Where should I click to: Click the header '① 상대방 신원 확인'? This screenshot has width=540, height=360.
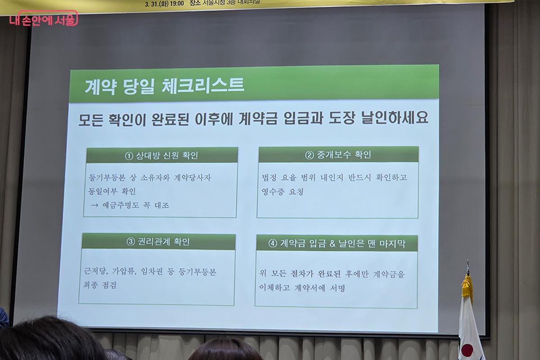[x=162, y=156]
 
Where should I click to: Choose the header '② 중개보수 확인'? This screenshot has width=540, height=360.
[x=338, y=155]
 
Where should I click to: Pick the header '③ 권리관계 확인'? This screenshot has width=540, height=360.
[x=158, y=242]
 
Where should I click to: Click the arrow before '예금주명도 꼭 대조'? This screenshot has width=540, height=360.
[x=95, y=205]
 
